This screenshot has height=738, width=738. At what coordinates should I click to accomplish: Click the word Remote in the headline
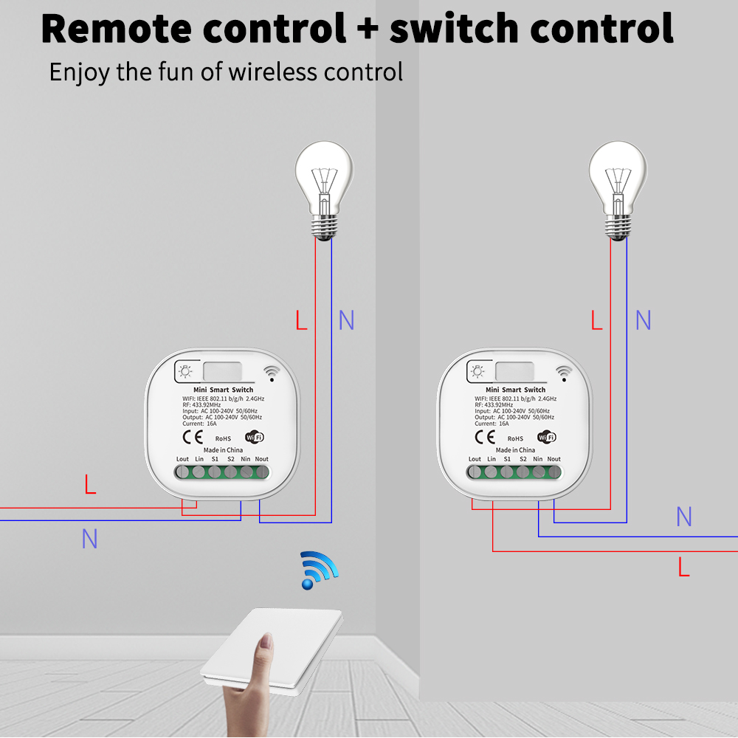117,29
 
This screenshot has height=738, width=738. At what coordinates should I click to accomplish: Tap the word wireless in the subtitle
272,72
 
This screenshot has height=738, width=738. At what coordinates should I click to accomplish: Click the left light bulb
324,190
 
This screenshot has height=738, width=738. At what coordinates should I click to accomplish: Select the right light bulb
618,190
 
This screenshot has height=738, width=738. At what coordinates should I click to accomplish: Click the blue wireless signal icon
319,570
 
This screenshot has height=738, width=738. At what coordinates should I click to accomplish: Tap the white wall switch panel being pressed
272,652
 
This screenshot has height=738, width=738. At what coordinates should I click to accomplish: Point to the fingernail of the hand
266,641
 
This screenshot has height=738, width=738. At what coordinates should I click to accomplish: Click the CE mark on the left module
193,437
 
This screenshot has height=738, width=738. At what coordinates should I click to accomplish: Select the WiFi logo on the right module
547,437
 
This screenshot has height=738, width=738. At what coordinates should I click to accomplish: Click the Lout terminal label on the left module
182,459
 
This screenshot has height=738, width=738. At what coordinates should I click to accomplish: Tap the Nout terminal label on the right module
554,459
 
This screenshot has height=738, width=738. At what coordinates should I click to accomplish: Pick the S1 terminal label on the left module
215,459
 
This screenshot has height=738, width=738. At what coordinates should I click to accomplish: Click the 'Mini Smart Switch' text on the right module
515,390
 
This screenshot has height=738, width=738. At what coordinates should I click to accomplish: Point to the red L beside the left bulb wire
301,320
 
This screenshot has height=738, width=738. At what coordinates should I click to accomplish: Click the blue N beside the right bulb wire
644,320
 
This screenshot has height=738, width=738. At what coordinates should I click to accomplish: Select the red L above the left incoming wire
90,484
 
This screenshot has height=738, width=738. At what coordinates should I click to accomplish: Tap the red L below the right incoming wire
684,567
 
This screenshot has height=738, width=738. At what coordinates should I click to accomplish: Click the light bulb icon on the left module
185,371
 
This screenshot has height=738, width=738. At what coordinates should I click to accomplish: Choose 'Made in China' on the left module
223,450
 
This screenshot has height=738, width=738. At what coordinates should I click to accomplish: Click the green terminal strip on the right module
515,472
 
